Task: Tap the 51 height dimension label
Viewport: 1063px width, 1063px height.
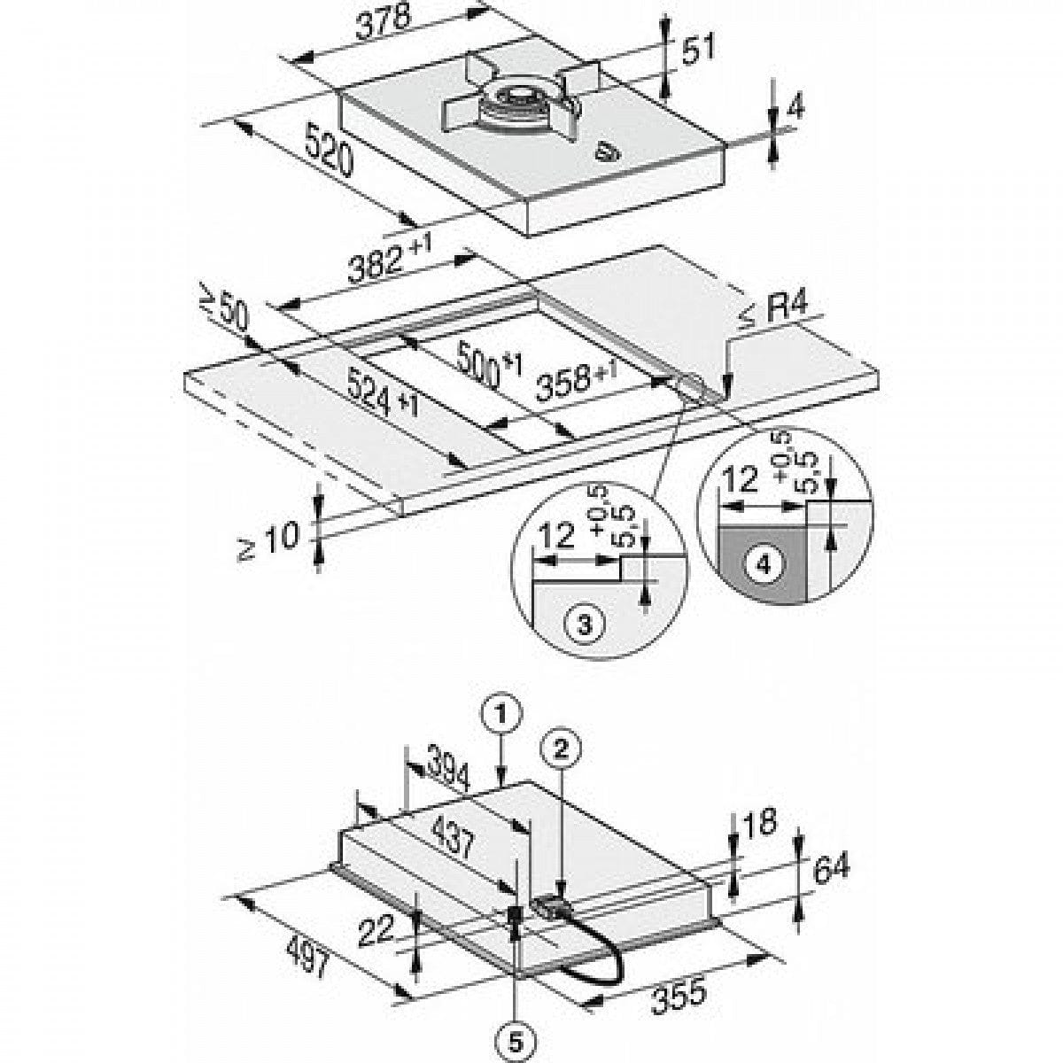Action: click(x=697, y=50)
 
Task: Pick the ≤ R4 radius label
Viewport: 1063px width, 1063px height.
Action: click(x=772, y=311)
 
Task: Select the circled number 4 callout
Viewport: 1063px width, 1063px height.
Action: click(x=767, y=564)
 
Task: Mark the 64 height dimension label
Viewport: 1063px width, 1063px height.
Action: click(x=831, y=865)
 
